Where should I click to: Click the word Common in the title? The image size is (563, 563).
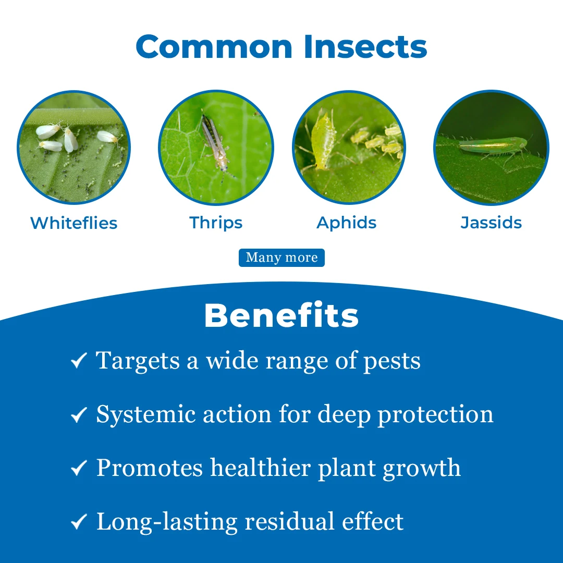214,47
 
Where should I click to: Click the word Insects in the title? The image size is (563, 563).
365,47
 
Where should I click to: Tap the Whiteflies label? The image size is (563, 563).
74,223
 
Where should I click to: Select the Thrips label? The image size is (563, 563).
216,224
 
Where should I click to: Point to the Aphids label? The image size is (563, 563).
347,224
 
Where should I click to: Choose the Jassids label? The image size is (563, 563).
491,223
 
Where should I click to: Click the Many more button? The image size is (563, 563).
282,258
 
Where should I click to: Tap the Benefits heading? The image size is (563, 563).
281,315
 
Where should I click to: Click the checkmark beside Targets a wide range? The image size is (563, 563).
79,360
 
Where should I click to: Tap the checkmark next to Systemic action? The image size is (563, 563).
79,414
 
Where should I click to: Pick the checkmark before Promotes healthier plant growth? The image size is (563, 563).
79,468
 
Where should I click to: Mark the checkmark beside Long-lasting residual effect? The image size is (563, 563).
79,521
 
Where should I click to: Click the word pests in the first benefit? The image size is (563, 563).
391,362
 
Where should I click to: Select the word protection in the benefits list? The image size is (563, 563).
435,415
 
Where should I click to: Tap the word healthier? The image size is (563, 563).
260,468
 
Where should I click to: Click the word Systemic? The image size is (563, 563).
146,415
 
